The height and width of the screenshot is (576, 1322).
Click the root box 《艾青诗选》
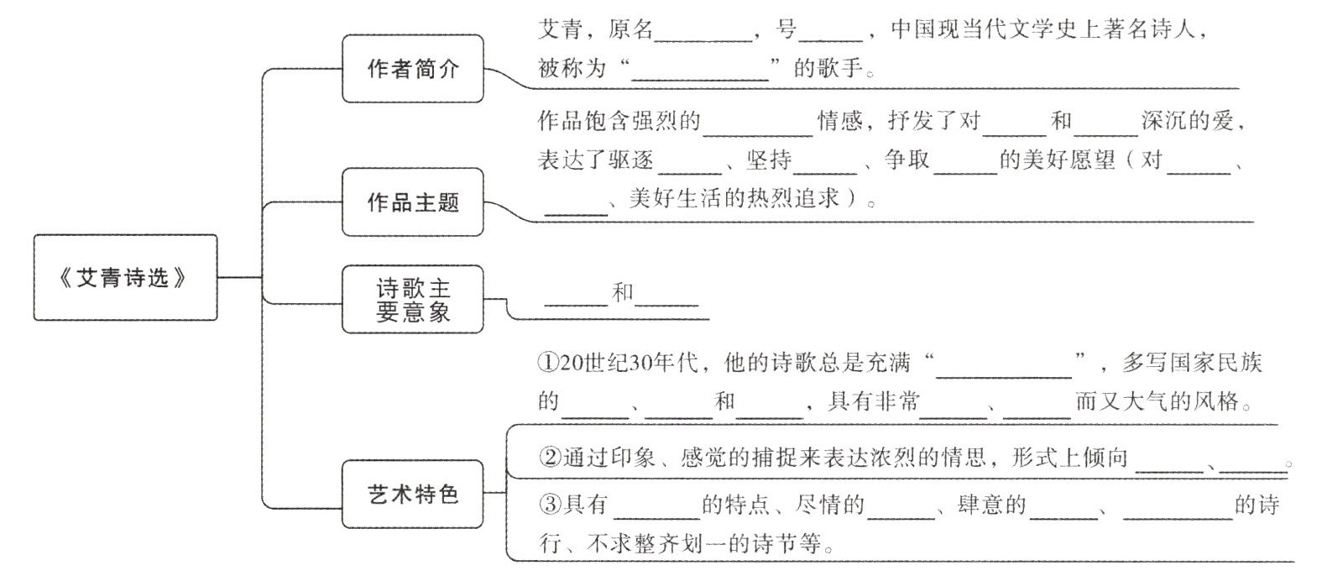(125, 278)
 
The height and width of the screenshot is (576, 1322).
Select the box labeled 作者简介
(413, 69)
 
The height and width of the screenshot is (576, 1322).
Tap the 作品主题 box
(413, 202)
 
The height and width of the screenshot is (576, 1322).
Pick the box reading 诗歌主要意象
(413, 300)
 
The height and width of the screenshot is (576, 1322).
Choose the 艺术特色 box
(413, 494)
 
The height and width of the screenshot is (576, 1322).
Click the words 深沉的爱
(1187, 122)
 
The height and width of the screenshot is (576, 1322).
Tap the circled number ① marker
(547, 363)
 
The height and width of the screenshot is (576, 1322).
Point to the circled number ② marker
(550, 458)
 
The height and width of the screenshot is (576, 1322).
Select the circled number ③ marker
(550, 505)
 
